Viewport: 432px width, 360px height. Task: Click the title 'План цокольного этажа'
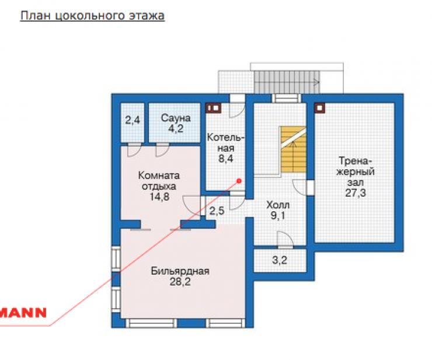pos(92,15)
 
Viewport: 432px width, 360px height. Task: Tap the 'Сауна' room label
pos(176,118)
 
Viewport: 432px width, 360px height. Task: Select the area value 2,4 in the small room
pos(133,120)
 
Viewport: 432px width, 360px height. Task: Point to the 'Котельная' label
pos(226,143)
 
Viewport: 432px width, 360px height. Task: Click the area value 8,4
pos(226,159)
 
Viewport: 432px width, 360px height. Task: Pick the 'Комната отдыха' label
pos(159,181)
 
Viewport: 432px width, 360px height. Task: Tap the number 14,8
pos(159,197)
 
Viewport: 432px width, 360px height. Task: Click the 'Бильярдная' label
pos(180,271)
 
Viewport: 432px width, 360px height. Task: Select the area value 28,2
pos(180,282)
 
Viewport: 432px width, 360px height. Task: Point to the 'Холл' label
pos(278,205)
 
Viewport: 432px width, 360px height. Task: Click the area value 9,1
pos(278,215)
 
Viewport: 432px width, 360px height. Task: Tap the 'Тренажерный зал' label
pos(356,172)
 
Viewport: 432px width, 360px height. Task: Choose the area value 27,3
pos(356,193)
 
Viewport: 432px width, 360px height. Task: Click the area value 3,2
pos(280,260)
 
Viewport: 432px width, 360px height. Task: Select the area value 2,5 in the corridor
pos(217,211)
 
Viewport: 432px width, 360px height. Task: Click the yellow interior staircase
pos(294,150)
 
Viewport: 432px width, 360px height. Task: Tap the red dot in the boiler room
pos(239,181)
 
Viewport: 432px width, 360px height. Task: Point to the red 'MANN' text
pos(23,313)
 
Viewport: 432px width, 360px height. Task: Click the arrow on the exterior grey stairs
pos(316,82)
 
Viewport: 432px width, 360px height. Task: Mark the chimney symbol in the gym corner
pos(320,108)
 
